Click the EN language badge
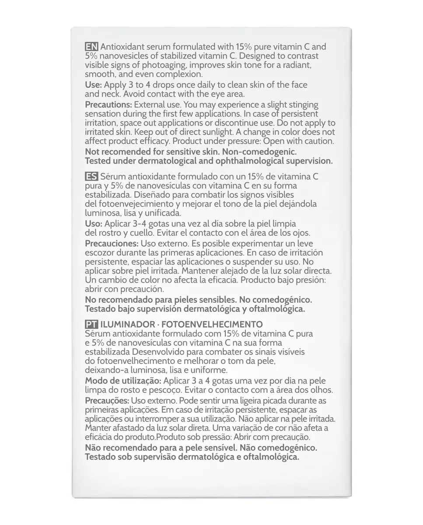91,47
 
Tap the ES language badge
91,176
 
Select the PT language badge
91,324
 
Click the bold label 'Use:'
93,84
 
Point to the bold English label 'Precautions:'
108,105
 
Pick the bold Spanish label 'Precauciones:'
112,243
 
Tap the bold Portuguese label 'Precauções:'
107,400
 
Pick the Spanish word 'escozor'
99,252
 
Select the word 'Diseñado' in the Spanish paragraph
150,194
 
